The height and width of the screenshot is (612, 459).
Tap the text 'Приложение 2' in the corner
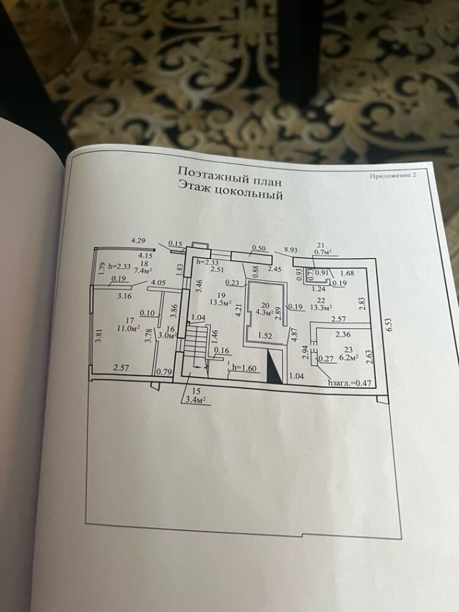[393, 176]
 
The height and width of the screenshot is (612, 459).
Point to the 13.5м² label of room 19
[219, 302]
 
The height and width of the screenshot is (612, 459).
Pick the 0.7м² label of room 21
[323, 251]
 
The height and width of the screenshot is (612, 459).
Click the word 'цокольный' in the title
[252, 196]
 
